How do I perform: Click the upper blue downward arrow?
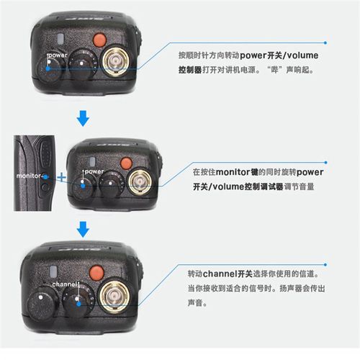pyautogui.click(x=84, y=116)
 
